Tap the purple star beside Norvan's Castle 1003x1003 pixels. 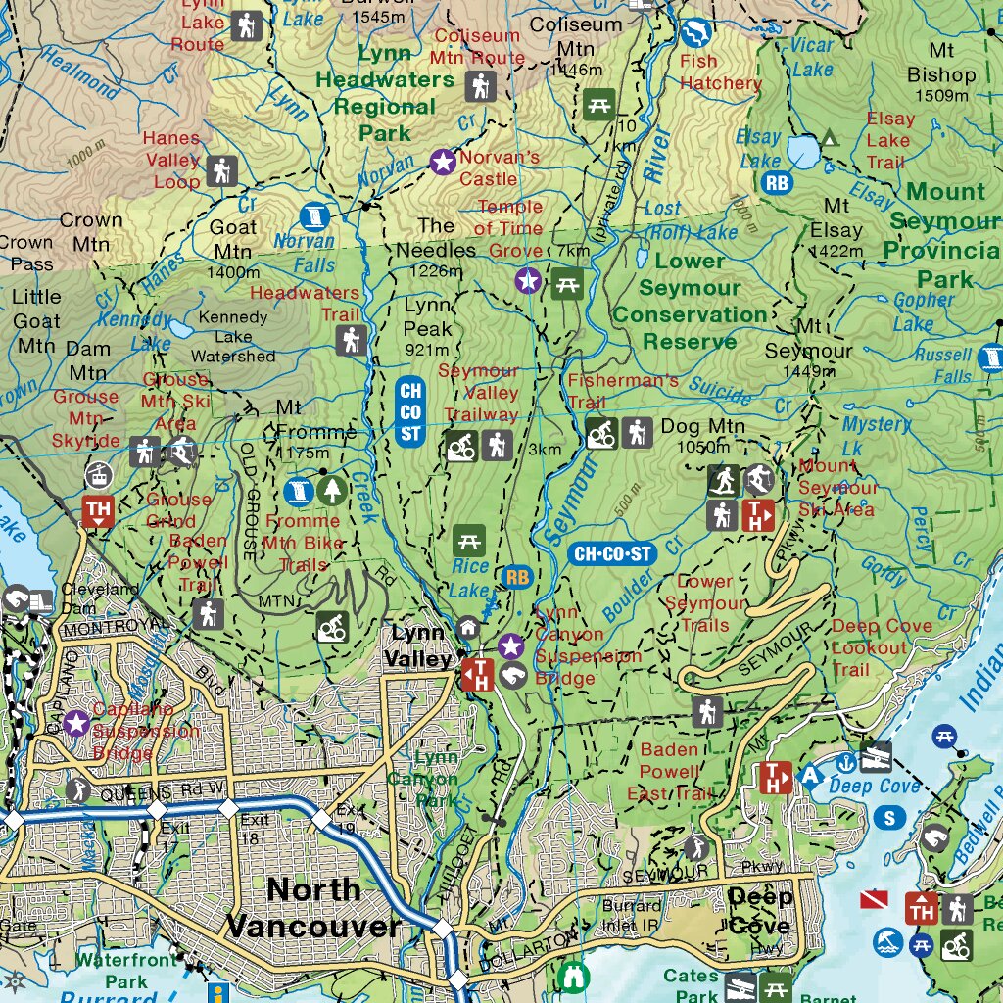(x=443, y=162)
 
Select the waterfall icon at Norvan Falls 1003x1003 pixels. (x=314, y=215)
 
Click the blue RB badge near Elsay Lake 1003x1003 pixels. (x=777, y=182)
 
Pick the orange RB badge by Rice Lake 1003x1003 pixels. (x=516, y=577)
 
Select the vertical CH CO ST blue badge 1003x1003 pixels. (x=410, y=411)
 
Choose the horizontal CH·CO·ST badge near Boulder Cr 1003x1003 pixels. (x=613, y=553)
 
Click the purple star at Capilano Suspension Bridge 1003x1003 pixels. (x=76, y=724)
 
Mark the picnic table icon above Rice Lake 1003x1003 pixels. (x=469, y=539)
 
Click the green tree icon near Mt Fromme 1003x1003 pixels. (x=333, y=489)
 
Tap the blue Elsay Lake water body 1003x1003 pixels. (x=805, y=152)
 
